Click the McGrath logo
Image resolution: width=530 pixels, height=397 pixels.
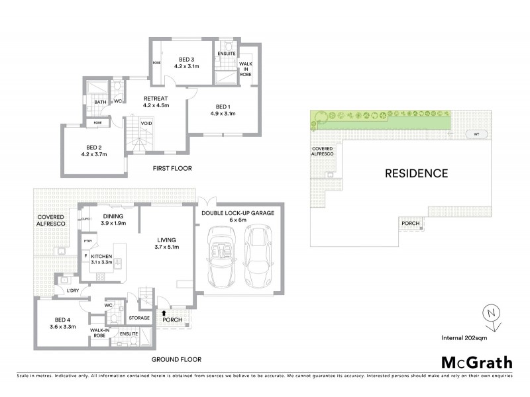476,362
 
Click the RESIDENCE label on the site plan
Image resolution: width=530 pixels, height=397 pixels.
417,174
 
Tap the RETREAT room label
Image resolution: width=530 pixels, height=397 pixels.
156,101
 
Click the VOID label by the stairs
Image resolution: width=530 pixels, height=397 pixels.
147,123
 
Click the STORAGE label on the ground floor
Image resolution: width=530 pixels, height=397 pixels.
139,318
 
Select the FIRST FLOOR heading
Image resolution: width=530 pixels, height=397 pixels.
172,168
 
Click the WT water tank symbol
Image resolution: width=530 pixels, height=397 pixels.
475,134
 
